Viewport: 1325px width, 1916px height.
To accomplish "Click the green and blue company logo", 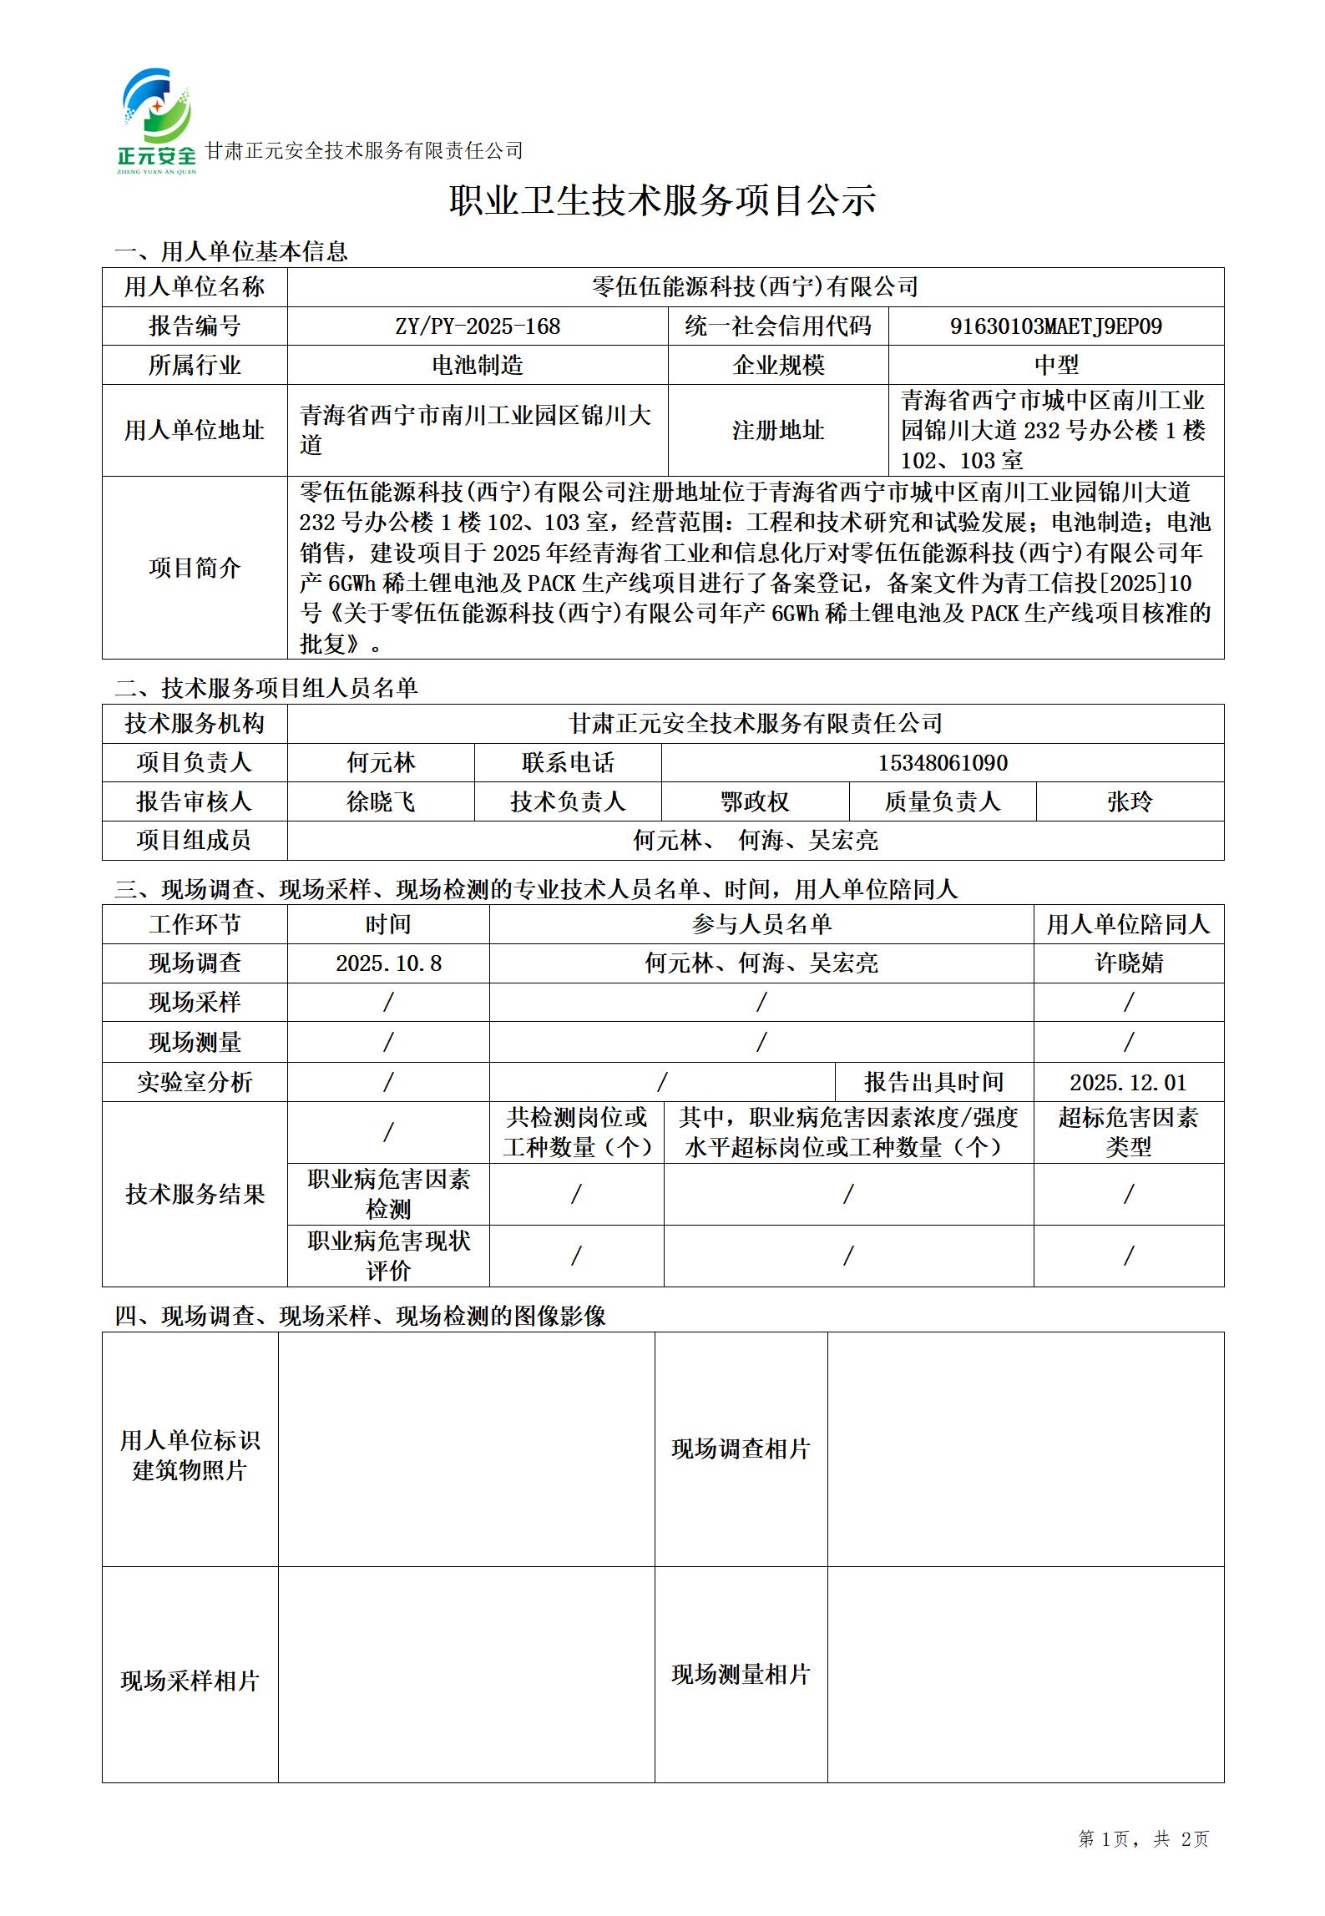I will point(157,121).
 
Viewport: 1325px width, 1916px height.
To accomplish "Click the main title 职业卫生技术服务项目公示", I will point(662,200).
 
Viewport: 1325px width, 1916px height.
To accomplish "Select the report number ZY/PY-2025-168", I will point(478,326).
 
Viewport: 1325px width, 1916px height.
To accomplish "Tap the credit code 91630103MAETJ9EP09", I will point(1055,326).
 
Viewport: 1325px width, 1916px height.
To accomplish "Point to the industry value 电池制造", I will point(478,365).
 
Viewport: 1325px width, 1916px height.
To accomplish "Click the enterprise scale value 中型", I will point(1055,365).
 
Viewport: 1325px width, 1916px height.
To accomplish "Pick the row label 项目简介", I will point(195,568).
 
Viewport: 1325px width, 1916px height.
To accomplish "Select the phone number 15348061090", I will point(942,763).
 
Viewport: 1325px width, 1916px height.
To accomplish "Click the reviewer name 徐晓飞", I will point(381,801).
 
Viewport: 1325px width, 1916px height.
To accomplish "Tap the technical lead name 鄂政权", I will point(755,801).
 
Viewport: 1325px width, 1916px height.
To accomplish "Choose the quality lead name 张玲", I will point(1130,801).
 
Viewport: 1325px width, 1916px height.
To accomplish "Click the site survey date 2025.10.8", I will point(388,963).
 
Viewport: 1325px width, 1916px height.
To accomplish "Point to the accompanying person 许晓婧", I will point(1129,963).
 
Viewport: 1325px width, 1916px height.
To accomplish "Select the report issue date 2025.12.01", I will point(1128,1083).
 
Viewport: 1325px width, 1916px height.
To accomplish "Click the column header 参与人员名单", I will point(761,924).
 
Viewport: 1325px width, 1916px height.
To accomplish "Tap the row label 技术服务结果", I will point(195,1194).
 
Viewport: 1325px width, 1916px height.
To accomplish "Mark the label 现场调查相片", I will point(741,1448).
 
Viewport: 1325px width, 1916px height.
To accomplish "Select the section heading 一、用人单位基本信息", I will point(231,251).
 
